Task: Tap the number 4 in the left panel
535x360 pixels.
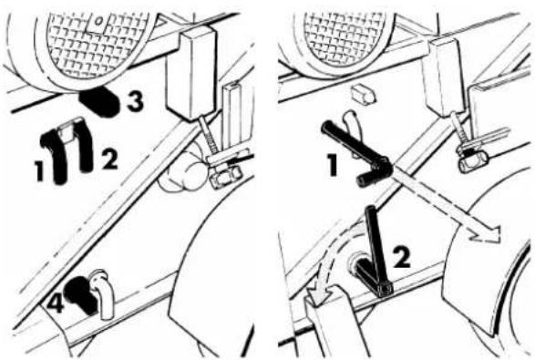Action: [56, 304]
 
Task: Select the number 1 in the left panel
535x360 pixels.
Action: [40, 170]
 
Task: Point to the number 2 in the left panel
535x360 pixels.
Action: [110, 159]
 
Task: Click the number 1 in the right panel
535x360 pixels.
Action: [332, 165]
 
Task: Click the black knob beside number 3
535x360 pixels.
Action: [100, 100]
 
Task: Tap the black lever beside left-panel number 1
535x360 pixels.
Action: [55, 154]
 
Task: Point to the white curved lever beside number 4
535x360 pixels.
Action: [102, 293]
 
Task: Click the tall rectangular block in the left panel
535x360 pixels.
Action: [191, 73]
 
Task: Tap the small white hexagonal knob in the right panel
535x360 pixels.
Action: [364, 93]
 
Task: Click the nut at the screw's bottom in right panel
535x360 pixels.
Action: [471, 161]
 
